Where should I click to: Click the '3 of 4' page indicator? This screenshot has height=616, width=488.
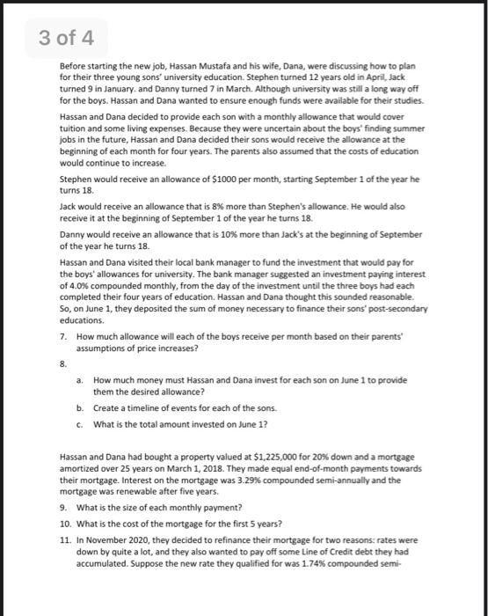pyautogui.click(x=73, y=39)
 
